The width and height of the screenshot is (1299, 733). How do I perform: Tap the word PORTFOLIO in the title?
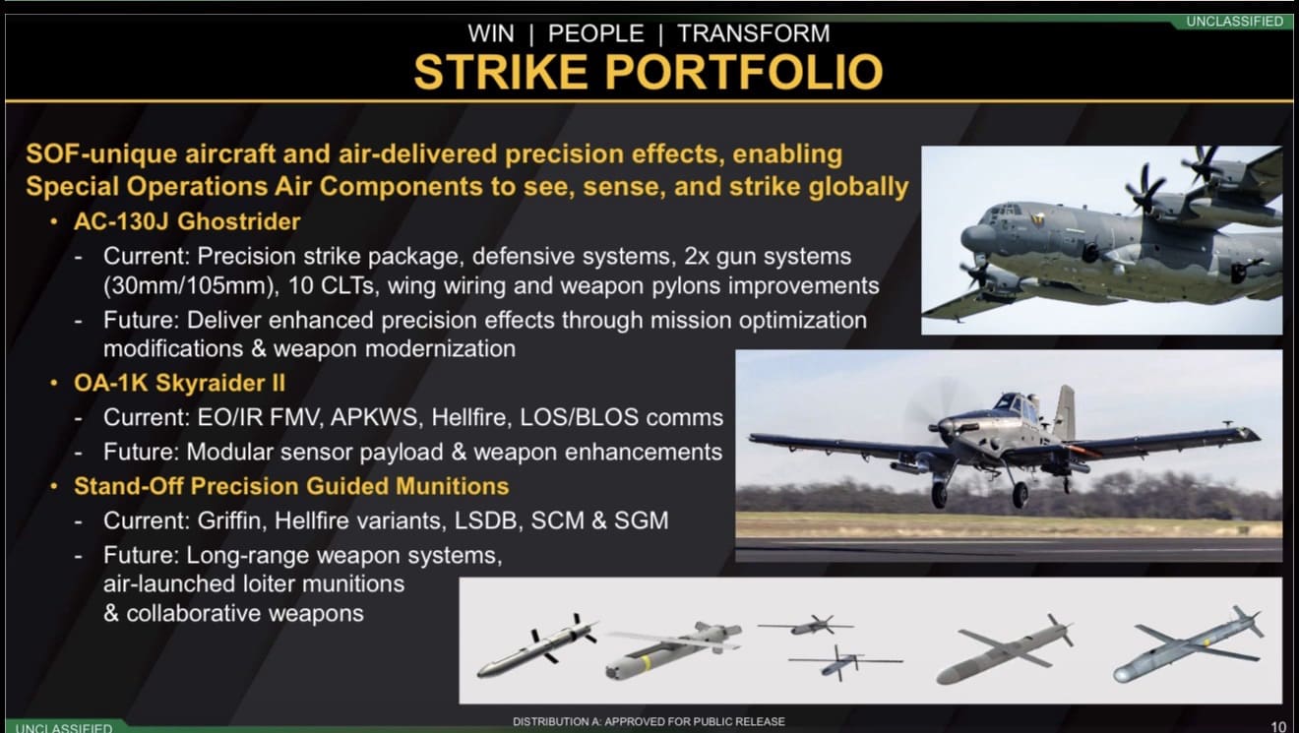(744, 72)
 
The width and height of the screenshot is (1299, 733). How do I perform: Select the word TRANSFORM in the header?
(753, 33)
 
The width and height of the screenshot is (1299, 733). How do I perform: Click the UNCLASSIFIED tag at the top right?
(1235, 22)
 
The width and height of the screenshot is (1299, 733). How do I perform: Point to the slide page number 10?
(1278, 726)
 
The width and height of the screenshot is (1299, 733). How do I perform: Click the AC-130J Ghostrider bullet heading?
(187, 221)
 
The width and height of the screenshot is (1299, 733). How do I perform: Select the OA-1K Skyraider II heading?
(179, 383)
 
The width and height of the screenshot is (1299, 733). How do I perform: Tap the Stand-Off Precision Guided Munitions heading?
(291, 486)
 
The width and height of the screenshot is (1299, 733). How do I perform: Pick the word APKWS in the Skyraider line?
(374, 417)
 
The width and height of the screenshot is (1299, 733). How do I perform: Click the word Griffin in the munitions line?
(229, 520)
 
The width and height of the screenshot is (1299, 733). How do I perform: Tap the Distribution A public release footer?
(649, 721)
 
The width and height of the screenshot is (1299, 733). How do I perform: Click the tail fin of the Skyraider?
(1065, 413)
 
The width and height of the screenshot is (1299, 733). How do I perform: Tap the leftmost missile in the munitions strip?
(536, 646)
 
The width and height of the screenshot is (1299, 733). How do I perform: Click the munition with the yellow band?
(673, 649)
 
